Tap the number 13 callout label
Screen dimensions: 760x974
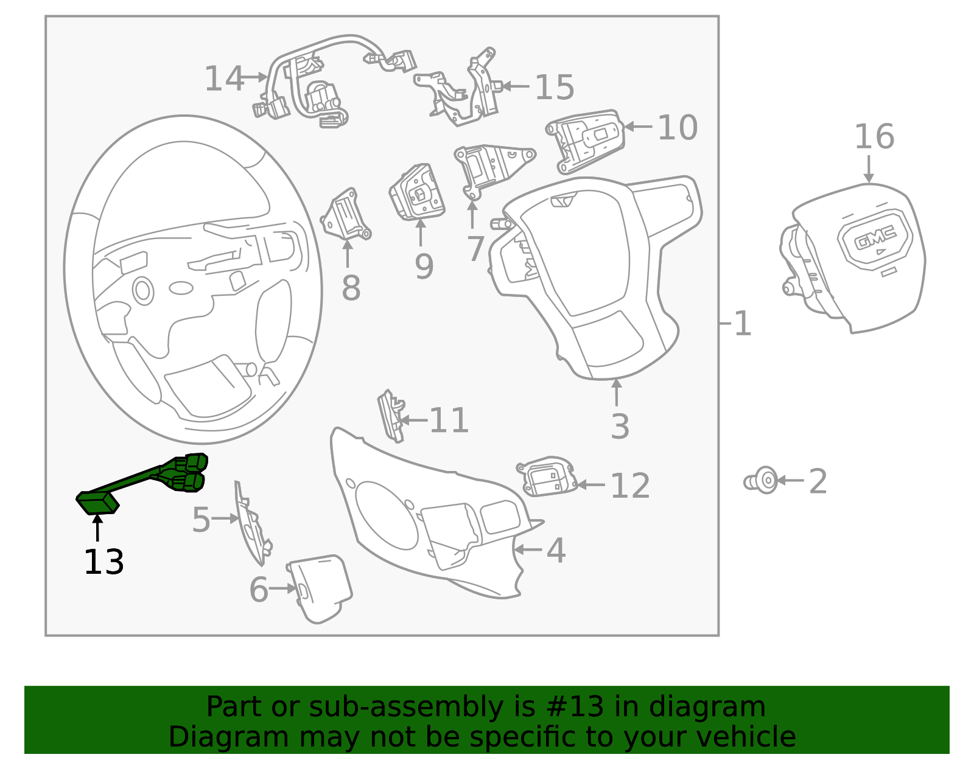(103, 562)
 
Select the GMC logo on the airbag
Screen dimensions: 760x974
(875, 238)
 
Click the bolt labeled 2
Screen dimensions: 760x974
(763, 481)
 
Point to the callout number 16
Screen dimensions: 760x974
(874, 137)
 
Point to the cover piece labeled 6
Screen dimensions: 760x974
(320, 587)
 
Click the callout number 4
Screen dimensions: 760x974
(556, 550)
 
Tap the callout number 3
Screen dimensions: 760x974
(620, 427)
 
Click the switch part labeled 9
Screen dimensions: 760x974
(418, 193)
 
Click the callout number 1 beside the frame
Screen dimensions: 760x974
(743, 323)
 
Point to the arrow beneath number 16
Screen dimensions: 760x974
(869, 169)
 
